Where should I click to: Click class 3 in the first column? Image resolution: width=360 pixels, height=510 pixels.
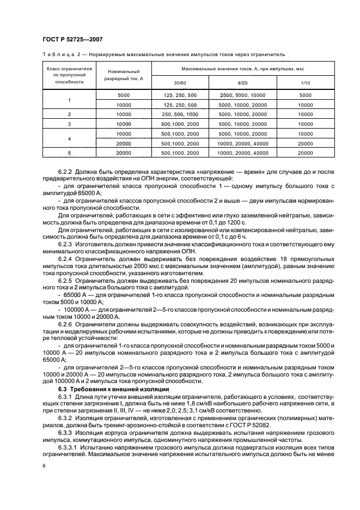pyautogui.click(x=69, y=124)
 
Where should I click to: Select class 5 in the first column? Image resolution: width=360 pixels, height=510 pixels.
pyautogui.click(x=69, y=154)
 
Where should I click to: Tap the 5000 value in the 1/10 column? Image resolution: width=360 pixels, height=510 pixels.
pyautogui.click(x=306, y=95)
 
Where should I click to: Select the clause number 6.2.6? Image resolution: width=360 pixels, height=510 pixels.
pyautogui.click(x=68, y=324)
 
